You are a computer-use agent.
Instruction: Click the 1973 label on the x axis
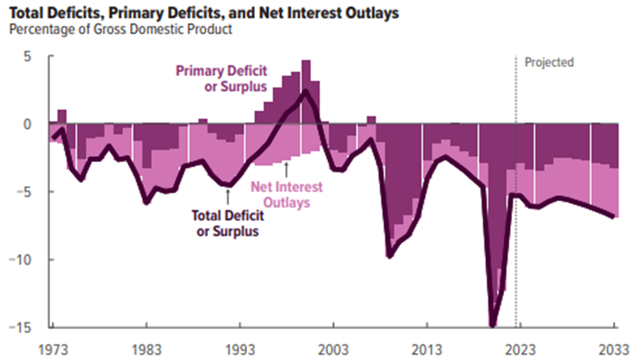52,347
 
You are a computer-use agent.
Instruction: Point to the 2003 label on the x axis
334,347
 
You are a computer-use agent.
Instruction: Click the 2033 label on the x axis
614,347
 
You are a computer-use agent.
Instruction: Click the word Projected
549,63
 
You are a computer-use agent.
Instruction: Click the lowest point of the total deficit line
493,325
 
